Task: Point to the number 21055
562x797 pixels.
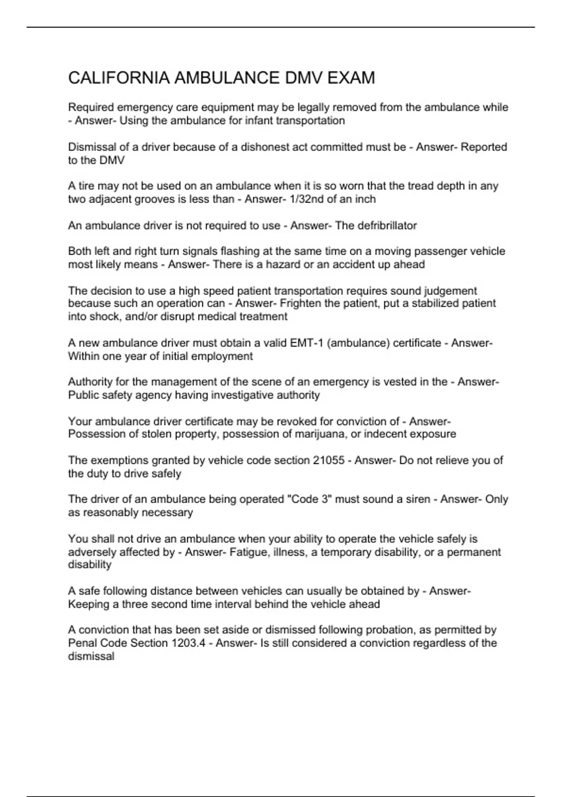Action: coord(329,460)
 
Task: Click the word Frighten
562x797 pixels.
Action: coord(301,303)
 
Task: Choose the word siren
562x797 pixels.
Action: coord(418,499)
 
